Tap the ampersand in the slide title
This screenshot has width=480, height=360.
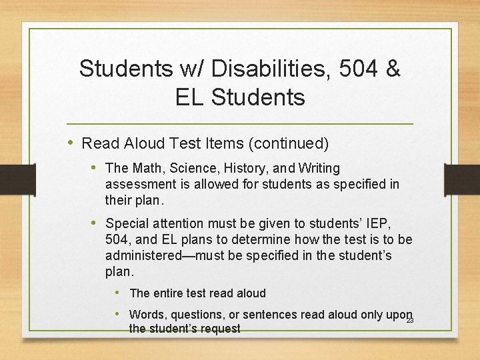tap(392, 68)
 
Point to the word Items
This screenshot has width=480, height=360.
tap(223, 143)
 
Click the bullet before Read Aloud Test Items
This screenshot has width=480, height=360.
tap(71, 143)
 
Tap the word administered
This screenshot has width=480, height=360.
tap(145, 255)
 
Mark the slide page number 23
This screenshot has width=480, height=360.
tap(410, 321)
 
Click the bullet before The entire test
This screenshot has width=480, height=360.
tap(117, 292)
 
